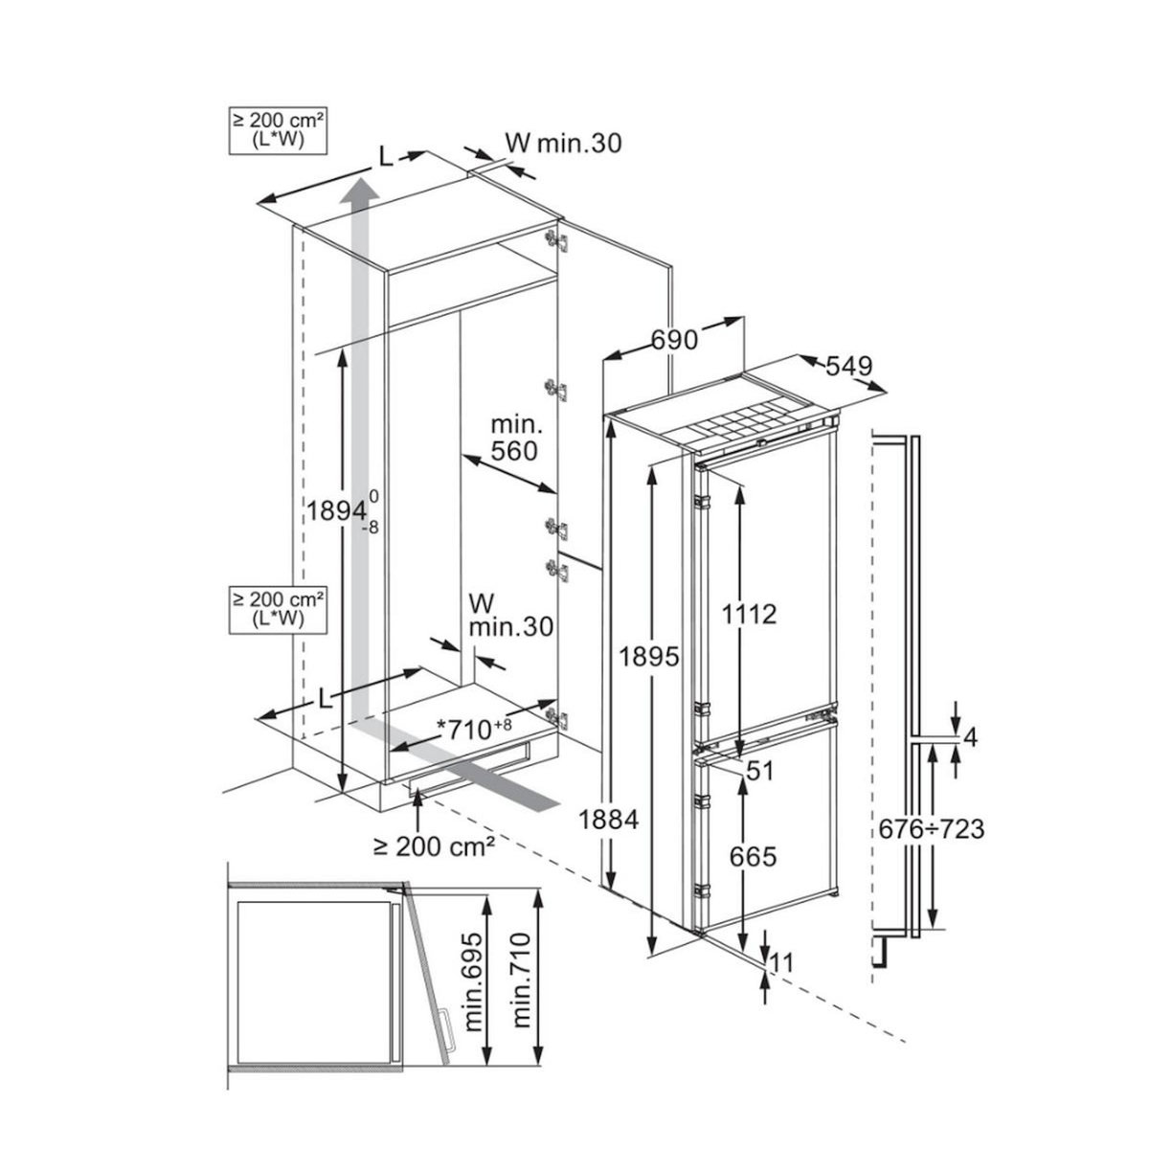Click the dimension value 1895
648,657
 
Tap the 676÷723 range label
932,828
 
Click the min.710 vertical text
523,996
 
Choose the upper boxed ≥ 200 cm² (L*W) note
276,132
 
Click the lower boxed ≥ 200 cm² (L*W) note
276,609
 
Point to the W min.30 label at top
564,144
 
